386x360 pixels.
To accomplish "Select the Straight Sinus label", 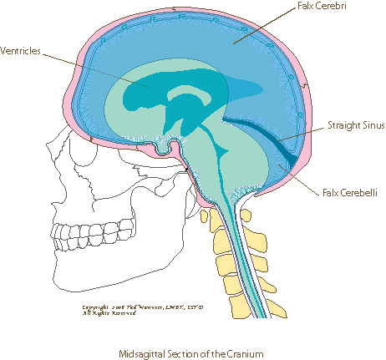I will tap(344, 125).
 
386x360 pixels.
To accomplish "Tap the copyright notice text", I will tap(124, 310).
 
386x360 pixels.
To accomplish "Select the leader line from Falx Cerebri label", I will tap(267, 25).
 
